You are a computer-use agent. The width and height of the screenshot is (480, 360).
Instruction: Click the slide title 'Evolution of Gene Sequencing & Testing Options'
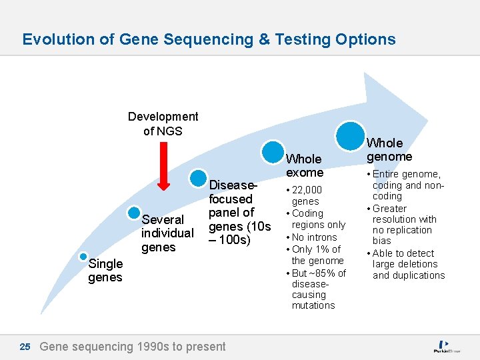tap(209, 39)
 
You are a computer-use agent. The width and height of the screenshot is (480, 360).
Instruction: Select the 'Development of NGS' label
tap(163, 123)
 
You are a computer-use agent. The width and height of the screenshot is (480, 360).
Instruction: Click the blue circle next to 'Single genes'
tap(83, 256)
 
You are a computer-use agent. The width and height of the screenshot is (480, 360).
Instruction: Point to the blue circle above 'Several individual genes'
tap(133, 211)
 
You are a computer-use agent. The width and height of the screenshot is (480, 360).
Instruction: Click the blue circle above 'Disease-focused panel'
tap(199, 178)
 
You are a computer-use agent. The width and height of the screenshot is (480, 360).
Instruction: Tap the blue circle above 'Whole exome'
tap(273, 151)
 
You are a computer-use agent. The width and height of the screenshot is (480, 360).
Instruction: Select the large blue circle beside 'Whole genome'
tap(350, 135)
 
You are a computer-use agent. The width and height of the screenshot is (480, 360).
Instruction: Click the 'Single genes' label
tap(105, 271)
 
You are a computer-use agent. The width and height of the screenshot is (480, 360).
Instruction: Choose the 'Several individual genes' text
tap(167, 233)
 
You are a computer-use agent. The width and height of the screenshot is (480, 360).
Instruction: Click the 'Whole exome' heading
tap(304, 165)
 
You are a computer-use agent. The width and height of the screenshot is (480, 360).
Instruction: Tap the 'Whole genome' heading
tap(389, 150)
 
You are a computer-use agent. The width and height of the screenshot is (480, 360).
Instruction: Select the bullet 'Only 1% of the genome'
tap(316, 255)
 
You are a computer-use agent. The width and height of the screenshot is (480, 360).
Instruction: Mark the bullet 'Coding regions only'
tap(317, 219)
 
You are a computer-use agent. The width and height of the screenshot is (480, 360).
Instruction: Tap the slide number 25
tap(25, 347)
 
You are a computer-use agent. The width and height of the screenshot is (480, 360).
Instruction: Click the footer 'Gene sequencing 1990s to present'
tap(133, 347)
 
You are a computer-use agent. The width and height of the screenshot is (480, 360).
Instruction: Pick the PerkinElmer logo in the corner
tap(447, 347)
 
